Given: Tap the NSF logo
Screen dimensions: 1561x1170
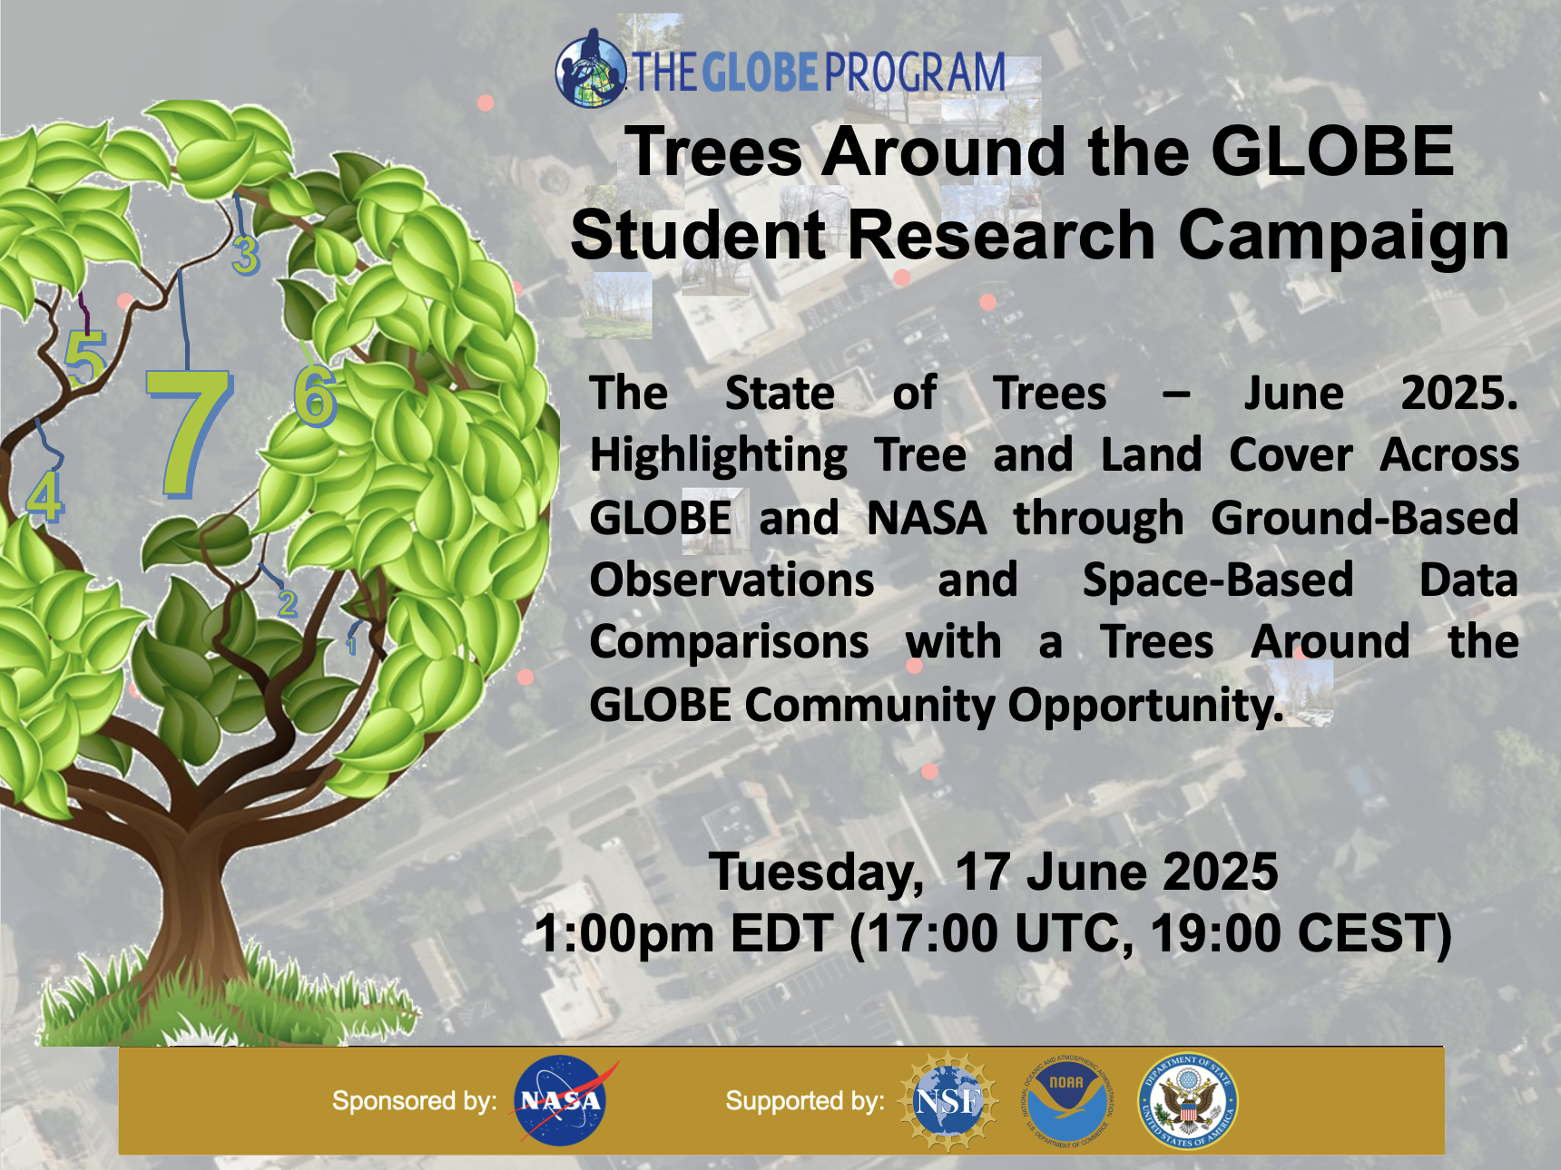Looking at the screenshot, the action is (x=948, y=1101).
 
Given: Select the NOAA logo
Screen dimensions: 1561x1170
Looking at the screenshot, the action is (x=1066, y=1101).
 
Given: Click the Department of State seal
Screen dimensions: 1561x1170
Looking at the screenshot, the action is (x=1188, y=1101).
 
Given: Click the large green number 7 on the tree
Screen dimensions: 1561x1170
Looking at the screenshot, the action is (x=189, y=434).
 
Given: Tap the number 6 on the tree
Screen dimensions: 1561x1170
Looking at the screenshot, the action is (x=315, y=396).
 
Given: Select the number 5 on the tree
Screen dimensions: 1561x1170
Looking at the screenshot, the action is (x=85, y=358).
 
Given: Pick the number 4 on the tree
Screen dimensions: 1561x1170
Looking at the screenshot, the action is (x=44, y=496).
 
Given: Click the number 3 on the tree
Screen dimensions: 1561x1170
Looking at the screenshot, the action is (x=246, y=255).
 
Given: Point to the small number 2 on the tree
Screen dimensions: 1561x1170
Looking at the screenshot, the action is (x=288, y=603).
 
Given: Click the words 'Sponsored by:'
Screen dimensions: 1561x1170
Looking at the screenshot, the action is (x=415, y=1101).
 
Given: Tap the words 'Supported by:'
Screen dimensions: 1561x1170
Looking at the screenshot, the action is (x=805, y=1101).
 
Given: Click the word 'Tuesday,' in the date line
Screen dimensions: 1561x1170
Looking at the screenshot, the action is (x=816, y=873).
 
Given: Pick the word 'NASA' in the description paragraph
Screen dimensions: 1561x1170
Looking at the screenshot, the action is (x=927, y=518).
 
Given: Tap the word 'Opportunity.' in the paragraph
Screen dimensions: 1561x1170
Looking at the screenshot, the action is (x=1145, y=706).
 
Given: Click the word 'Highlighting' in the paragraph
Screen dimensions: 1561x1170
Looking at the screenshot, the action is (x=719, y=455).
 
